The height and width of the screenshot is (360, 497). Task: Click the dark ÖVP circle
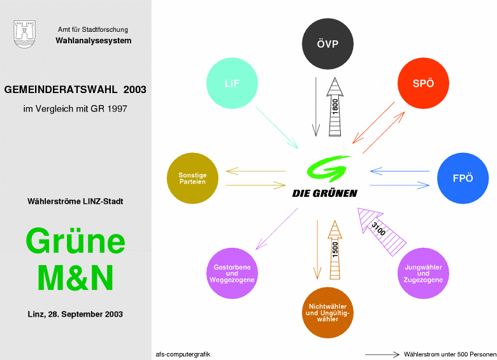328,44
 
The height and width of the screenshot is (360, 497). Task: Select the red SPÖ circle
423,83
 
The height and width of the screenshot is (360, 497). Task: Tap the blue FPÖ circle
463,178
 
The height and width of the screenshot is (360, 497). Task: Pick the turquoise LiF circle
232,83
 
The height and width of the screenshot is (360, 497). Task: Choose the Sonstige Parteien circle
192,178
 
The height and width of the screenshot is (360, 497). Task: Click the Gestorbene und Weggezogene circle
232,273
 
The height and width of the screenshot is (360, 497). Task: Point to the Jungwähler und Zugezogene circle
423,273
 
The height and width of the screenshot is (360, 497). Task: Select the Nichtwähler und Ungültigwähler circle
328,312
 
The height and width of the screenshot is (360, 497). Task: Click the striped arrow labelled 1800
335,107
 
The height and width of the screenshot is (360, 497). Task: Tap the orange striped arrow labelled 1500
335,250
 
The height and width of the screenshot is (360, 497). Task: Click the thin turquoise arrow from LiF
277,127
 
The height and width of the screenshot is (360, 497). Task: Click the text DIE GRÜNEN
324,193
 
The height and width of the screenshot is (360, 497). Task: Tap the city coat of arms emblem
24,34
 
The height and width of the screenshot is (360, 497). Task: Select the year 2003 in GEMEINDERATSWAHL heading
134,90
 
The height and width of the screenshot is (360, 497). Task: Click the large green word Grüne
75,241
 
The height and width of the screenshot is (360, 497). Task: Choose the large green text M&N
75,278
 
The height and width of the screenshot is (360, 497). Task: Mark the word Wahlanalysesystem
94,41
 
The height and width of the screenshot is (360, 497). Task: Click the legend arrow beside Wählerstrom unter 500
382,354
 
